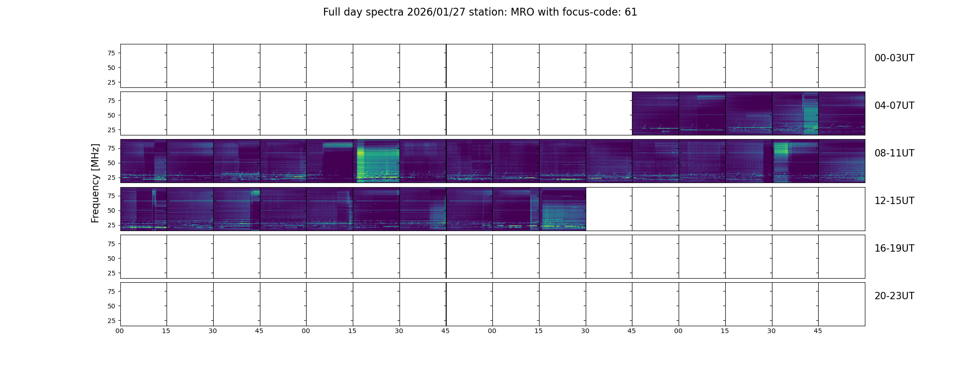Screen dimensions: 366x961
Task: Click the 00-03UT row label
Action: point(894,58)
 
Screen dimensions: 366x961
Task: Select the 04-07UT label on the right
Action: point(894,106)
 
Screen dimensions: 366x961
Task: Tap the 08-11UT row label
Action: point(894,153)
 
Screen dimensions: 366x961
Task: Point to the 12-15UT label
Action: point(894,201)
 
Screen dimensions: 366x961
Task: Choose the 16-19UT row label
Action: point(894,248)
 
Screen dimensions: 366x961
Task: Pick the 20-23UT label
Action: point(894,296)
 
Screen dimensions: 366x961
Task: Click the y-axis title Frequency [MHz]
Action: point(95,183)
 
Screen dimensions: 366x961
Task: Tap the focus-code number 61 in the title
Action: point(631,12)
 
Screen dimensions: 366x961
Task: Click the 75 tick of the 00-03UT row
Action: point(111,53)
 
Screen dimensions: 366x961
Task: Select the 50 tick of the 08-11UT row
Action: point(111,163)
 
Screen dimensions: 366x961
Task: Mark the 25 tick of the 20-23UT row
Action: point(111,321)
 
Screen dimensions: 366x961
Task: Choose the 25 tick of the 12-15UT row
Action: point(111,225)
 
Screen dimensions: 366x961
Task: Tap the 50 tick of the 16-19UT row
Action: point(111,258)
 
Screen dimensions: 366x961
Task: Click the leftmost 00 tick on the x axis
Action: point(120,331)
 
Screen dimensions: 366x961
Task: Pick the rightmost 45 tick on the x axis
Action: point(818,331)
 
